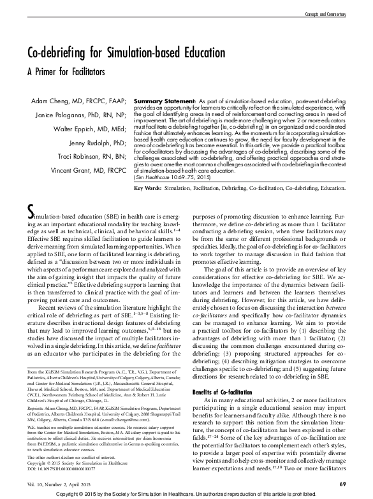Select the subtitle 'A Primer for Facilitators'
click(67, 72)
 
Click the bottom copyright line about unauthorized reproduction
click(186, 494)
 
